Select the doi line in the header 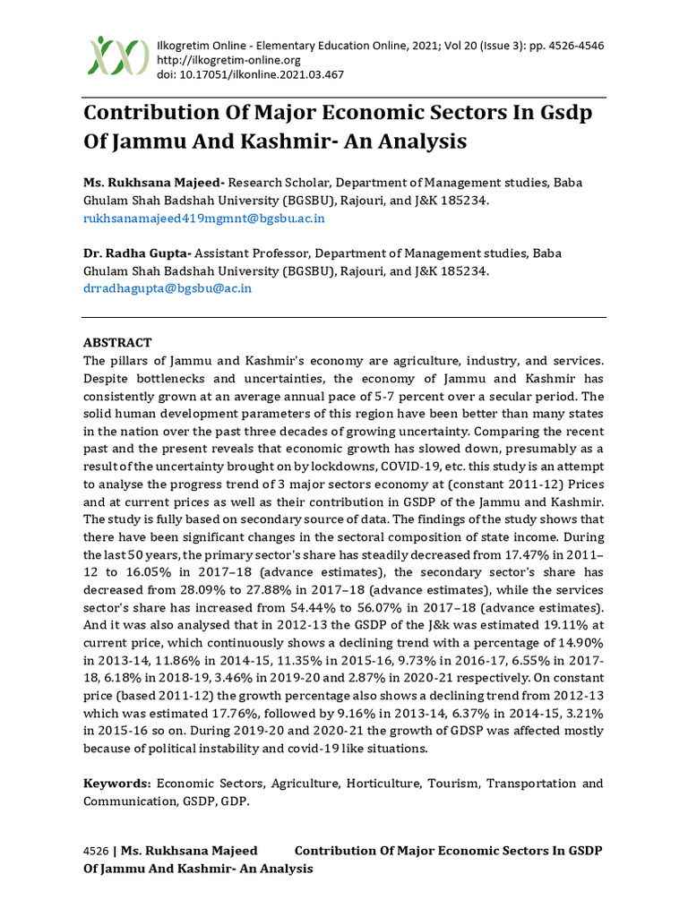tap(250, 74)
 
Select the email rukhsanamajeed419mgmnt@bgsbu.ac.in tap(203, 218)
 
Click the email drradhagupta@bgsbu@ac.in tap(168, 287)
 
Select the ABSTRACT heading tap(117, 343)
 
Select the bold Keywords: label tap(117, 783)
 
